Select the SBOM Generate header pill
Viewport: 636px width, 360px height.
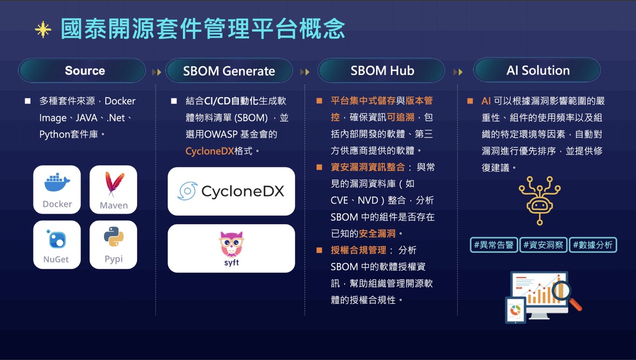pyautogui.click(x=229, y=71)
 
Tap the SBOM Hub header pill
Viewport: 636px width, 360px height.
pyautogui.click(x=382, y=71)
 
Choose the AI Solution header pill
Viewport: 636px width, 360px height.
pyautogui.click(x=537, y=71)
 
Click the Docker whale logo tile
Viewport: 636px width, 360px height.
pyautogui.click(x=57, y=189)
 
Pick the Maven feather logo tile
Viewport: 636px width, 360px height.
pyautogui.click(x=113, y=189)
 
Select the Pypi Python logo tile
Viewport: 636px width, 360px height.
pyautogui.click(x=113, y=245)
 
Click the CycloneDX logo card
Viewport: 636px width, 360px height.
pyautogui.click(x=231, y=191)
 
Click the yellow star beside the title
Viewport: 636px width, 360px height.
pyautogui.click(x=43, y=30)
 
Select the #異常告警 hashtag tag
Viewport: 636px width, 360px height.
pyautogui.click(x=493, y=245)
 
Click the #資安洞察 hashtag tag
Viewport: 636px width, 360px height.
pyautogui.click(x=543, y=245)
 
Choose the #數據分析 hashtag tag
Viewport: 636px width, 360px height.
pyautogui.click(x=593, y=245)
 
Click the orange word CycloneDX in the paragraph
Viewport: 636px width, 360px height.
pyautogui.click(x=209, y=151)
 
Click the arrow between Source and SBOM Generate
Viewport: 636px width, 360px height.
pyautogui.click(x=157, y=72)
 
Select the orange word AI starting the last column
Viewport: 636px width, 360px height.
pyautogui.click(x=486, y=101)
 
